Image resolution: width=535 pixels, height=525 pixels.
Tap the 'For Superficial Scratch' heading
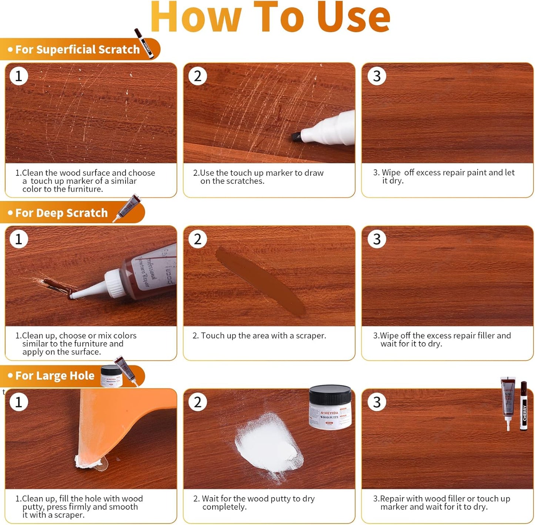pyautogui.click(x=77, y=49)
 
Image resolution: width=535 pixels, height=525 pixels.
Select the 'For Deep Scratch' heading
pyautogui.click(x=61, y=213)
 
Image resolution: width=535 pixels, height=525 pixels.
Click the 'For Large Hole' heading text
pyautogui.click(x=55, y=376)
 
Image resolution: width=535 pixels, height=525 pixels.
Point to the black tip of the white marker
pyautogui.click(x=296, y=137)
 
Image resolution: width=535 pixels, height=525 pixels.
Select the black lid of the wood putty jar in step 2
pyautogui.click(x=330, y=394)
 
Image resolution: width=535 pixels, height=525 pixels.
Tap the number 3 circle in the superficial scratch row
pyautogui.click(x=377, y=76)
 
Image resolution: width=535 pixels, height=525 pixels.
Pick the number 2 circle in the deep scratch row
pyautogui.click(x=198, y=239)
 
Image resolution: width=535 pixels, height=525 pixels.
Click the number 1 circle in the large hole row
pyautogui.click(x=19, y=402)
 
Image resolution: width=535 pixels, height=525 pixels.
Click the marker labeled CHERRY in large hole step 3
pyautogui.click(x=524, y=406)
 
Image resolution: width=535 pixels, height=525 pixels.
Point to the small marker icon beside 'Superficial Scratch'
pyautogui.click(x=144, y=43)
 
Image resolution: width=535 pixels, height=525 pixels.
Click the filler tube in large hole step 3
pyautogui.click(x=508, y=402)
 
